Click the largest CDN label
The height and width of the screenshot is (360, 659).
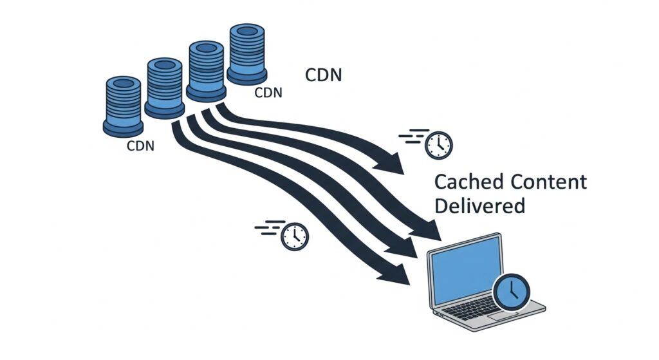[323, 75]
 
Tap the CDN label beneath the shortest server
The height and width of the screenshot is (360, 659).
[140, 146]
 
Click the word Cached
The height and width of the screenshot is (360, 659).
[469, 182]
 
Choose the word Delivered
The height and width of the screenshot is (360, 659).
[479, 206]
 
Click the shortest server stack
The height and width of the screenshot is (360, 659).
[122, 106]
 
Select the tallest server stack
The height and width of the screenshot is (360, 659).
[246, 54]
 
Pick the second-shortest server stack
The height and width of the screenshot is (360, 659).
[165, 88]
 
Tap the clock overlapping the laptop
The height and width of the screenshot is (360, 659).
[511, 292]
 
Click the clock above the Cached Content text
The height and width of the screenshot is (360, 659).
[439, 145]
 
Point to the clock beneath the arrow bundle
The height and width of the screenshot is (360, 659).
[295, 236]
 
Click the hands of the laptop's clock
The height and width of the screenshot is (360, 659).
[512, 291]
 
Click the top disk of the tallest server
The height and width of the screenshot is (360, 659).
[246, 30]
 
